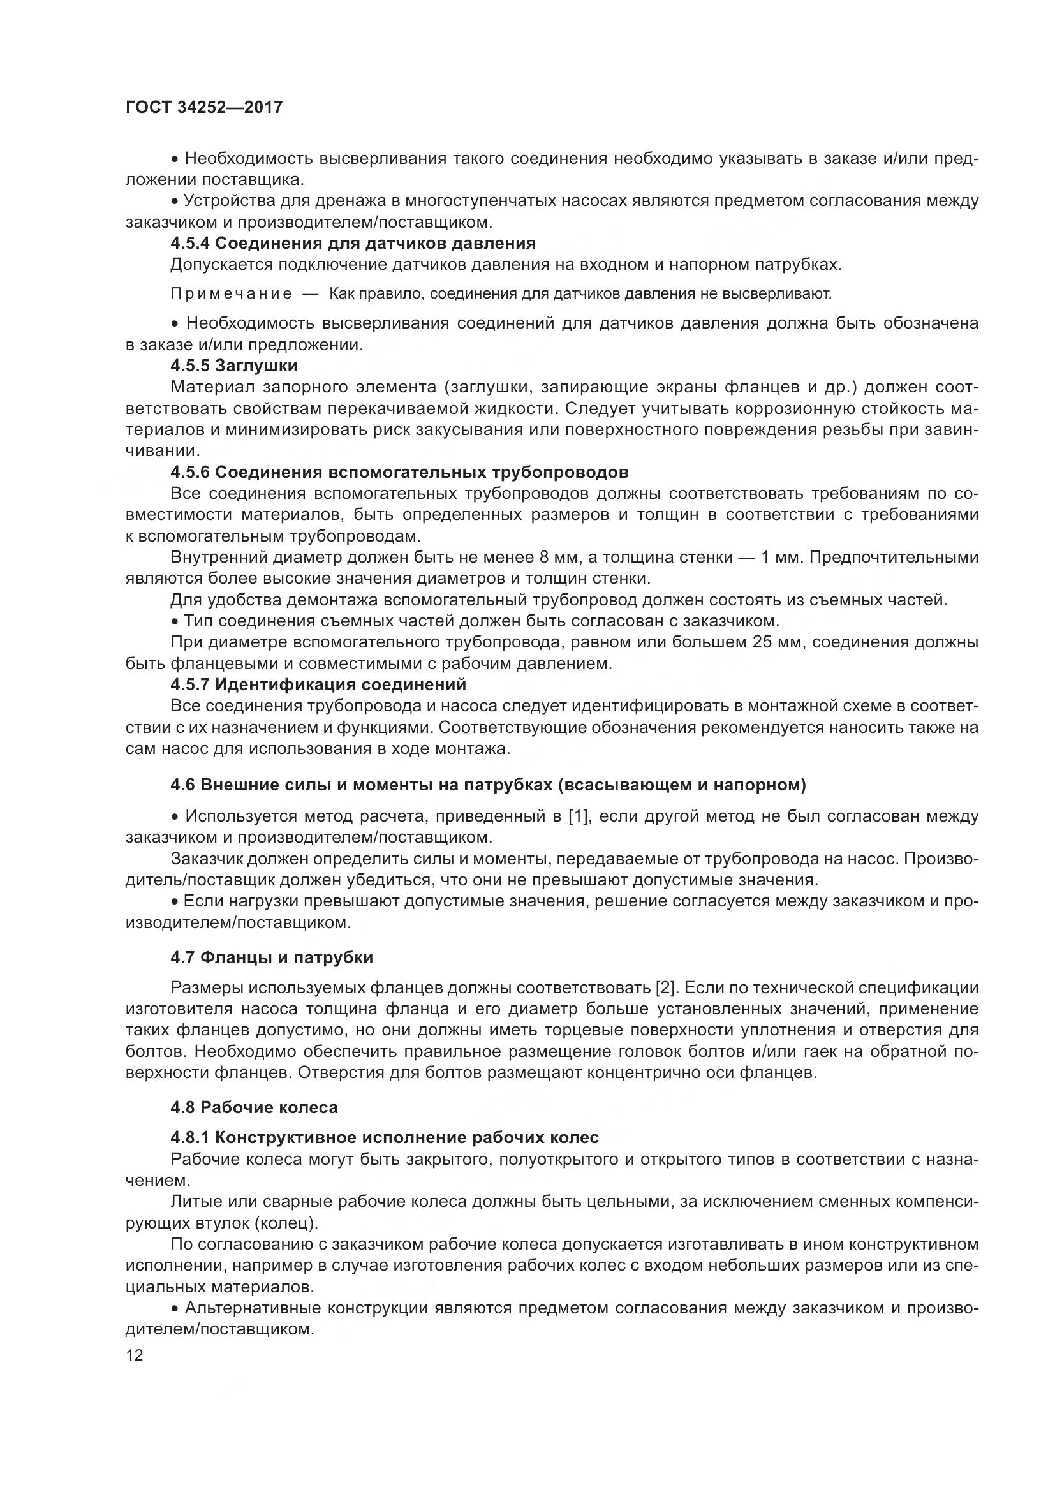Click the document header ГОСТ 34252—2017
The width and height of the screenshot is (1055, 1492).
tap(204, 107)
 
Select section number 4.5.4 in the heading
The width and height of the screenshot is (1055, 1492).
tap(189, 244)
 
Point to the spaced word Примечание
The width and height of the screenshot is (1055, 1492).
tap(231, 294)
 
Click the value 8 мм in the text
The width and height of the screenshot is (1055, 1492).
tap(555, 558)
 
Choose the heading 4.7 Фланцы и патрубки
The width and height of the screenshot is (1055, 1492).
tap(272, 957)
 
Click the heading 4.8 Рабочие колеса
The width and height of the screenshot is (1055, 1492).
tap(254, 1107)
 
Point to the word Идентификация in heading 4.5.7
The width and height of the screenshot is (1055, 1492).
tap(283, 685)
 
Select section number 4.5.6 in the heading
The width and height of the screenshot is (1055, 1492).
tap(189, 472)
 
